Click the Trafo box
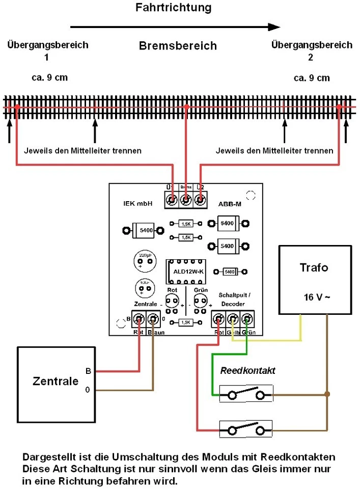pos(314,280)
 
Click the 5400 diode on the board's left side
pos(142,230)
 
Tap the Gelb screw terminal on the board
pos(233,319)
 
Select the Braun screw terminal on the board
pos(154,319)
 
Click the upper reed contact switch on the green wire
pos(246,395)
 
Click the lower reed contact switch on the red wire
pos(246,430)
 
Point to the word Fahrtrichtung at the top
pos(173,8)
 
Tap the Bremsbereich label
pos(178,46)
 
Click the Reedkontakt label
pos(247,370)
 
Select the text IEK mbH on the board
pos(136,203)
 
